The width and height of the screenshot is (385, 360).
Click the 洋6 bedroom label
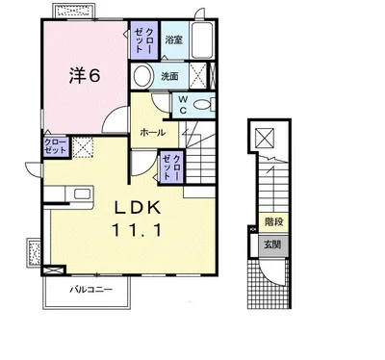pos(85,76)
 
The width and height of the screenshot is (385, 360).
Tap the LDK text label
pos(138,208)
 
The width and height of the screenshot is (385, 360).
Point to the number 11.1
pos(137,230)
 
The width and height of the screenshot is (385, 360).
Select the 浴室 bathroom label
pos(174,40)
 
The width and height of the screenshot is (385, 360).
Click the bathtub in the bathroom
pos(202,40)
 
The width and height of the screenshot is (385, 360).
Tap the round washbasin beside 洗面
pos(142,76)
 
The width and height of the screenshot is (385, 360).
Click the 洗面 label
pos(169,76)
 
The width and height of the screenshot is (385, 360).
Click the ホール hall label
pos(153,132)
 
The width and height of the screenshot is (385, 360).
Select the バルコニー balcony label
pos(91,290)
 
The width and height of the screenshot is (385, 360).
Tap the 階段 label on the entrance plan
pos(273,221)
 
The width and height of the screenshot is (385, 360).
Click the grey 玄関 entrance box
pos(273,244)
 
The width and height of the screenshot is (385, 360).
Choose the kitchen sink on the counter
pos(82,193)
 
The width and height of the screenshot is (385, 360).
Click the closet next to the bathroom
pos(144,40)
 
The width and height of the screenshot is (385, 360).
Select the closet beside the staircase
pos(172,167)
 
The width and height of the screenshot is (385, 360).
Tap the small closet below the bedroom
pos(56,147)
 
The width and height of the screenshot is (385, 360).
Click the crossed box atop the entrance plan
pos(265,138)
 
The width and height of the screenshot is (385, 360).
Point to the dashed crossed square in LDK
pos(83,147)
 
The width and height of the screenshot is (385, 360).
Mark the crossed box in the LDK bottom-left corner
pos(53,270)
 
